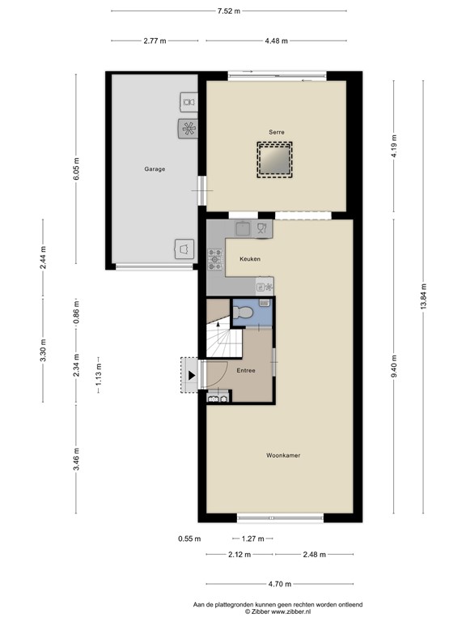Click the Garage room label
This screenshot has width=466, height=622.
(x=155, y=169)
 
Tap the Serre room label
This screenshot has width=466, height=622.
(x=277, y=131)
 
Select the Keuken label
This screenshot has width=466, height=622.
(x=248, y=258)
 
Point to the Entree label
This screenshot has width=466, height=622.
(x=246, y=371)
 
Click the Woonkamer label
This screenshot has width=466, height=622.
(x=282, y=456)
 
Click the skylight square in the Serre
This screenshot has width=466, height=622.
(x=275, y=159)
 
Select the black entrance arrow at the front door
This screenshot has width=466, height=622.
(x=191, y=375)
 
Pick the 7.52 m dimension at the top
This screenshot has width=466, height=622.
(x=228, y=11)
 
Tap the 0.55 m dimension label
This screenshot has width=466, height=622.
(x=189, y=539)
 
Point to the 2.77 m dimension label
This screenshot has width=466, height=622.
(x=155, y=41)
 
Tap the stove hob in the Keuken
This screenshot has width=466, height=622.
(x=216, y=258)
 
